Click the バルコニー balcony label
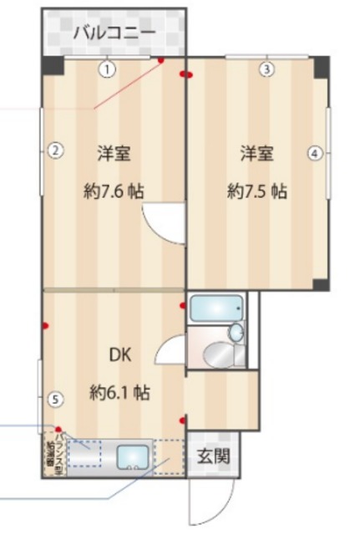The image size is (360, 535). point(114,33)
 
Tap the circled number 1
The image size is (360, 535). point(108,69)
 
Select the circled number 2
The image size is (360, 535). point(53,151)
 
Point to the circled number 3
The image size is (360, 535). point(266,69)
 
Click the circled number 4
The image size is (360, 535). point(314,153)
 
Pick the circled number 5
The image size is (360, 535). point(54,400)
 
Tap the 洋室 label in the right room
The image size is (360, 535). point(256,153)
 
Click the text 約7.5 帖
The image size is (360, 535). point(257,191)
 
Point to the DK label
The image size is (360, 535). point(120,353)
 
